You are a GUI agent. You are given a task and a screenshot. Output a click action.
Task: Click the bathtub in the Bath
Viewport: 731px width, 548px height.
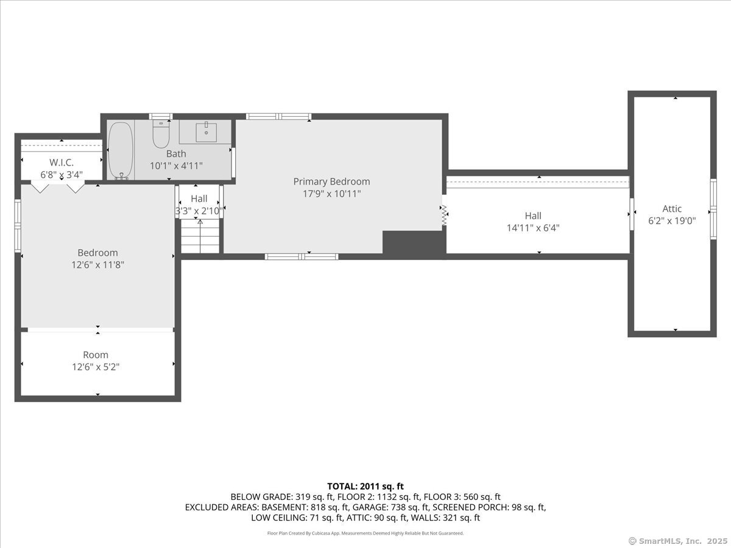(x=121, y=151)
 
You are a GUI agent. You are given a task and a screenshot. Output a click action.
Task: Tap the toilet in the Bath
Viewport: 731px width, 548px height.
(x=161, y=134)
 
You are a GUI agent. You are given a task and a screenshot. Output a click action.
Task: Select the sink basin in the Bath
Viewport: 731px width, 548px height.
(x=206, y=132)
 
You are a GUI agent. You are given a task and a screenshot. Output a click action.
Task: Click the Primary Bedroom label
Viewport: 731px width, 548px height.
(x=331, y=181)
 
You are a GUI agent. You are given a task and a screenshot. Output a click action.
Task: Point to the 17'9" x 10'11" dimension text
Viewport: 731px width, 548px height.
(x=331, y=194)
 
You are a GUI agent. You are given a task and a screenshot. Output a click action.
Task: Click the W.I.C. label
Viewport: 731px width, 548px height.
(x=62, y=163)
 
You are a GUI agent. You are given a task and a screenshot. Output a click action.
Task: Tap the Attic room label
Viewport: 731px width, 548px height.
(x=672, y=209)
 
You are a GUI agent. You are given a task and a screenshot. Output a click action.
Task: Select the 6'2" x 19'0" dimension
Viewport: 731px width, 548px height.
(x=672, y=220)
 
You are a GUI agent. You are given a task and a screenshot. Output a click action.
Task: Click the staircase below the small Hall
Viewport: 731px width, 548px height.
(x=200, y=236)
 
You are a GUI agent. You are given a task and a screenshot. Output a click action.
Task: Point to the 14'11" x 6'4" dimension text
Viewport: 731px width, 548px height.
(x=533, y=228)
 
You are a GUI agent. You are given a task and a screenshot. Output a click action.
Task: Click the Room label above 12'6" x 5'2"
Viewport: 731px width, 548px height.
(x=96, y=355)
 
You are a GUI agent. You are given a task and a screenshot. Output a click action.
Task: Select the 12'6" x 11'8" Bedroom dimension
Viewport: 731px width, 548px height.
(x=97, y=265)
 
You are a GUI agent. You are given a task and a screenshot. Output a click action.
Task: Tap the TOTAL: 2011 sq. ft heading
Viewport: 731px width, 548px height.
(x=365, y=487)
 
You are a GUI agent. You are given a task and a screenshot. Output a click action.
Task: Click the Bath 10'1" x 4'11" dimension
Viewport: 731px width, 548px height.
(x=176, y=166)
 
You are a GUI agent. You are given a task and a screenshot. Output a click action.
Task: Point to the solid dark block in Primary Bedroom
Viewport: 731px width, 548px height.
(x=414, y=243)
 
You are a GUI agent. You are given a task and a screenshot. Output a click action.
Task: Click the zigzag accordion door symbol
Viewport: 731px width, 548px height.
(x=444, y=216)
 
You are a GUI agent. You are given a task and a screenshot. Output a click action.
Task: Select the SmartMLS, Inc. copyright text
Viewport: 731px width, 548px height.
(x=678, y=541)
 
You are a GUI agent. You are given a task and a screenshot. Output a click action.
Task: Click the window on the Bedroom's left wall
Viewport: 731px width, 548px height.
(x=18, y=225)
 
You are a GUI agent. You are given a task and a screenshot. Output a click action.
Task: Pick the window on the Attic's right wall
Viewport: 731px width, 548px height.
(x=713, y=209)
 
